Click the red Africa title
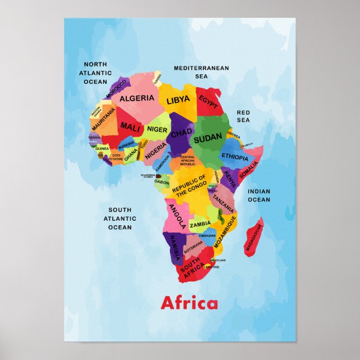click(189, 304)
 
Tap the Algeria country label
click(137, 98)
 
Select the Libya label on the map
click(178, 101)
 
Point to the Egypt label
click(209, 103)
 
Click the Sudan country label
click(208, 136)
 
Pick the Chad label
click(181, 134)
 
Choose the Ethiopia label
click(235, 157)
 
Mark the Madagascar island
click(254, 237)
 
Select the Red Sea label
click(243, 116)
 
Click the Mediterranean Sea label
click(201, 72)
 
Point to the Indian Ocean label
click(259, 195)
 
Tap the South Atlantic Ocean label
click(120, 219)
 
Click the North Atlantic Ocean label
click(95, 73)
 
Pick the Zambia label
click(200, 224)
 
